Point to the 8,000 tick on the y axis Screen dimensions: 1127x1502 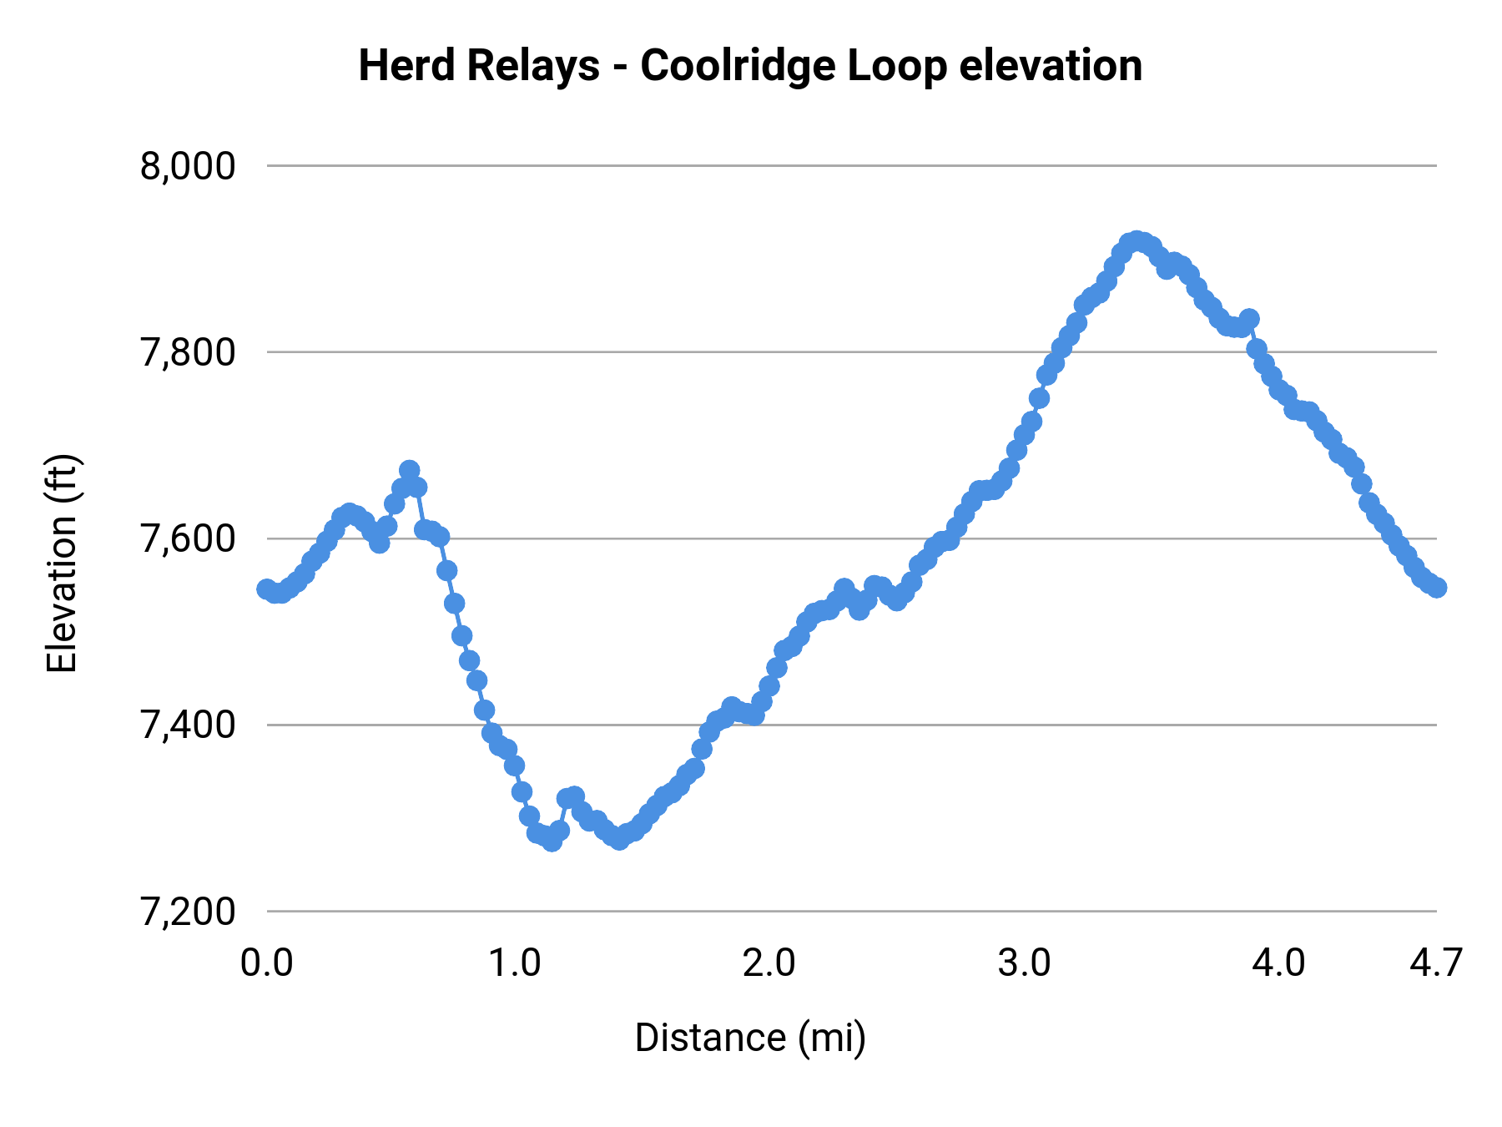(188, 166)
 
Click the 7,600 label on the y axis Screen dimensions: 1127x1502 (188, 539)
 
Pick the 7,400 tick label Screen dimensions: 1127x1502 (188, 725)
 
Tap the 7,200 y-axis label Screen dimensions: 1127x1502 (188, 912)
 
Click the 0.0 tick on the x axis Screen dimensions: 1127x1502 (267, 963)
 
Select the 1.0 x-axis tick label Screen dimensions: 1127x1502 (515, 963)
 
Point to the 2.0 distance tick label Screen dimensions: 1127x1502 (769, 963)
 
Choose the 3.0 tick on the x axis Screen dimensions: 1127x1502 (1025, 963)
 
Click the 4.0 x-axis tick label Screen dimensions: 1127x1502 (1279, 963)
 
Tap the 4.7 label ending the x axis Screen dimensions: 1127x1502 (1436, 963)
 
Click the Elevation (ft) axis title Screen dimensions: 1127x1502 (62, 563)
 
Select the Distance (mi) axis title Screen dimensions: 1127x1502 (750, 1038)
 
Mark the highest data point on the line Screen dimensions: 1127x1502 (1137, 241)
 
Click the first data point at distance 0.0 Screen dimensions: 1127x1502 (267, 589)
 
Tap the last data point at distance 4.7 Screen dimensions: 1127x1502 (1436, 588)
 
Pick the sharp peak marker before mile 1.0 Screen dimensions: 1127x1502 (409, 471)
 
